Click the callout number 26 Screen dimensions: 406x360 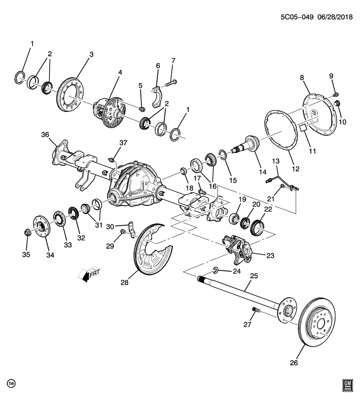pos(294,362)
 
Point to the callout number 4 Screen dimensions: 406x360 pos(120,72)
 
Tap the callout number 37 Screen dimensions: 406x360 pos(123,143)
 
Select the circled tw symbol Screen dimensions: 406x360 pos(11,383)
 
